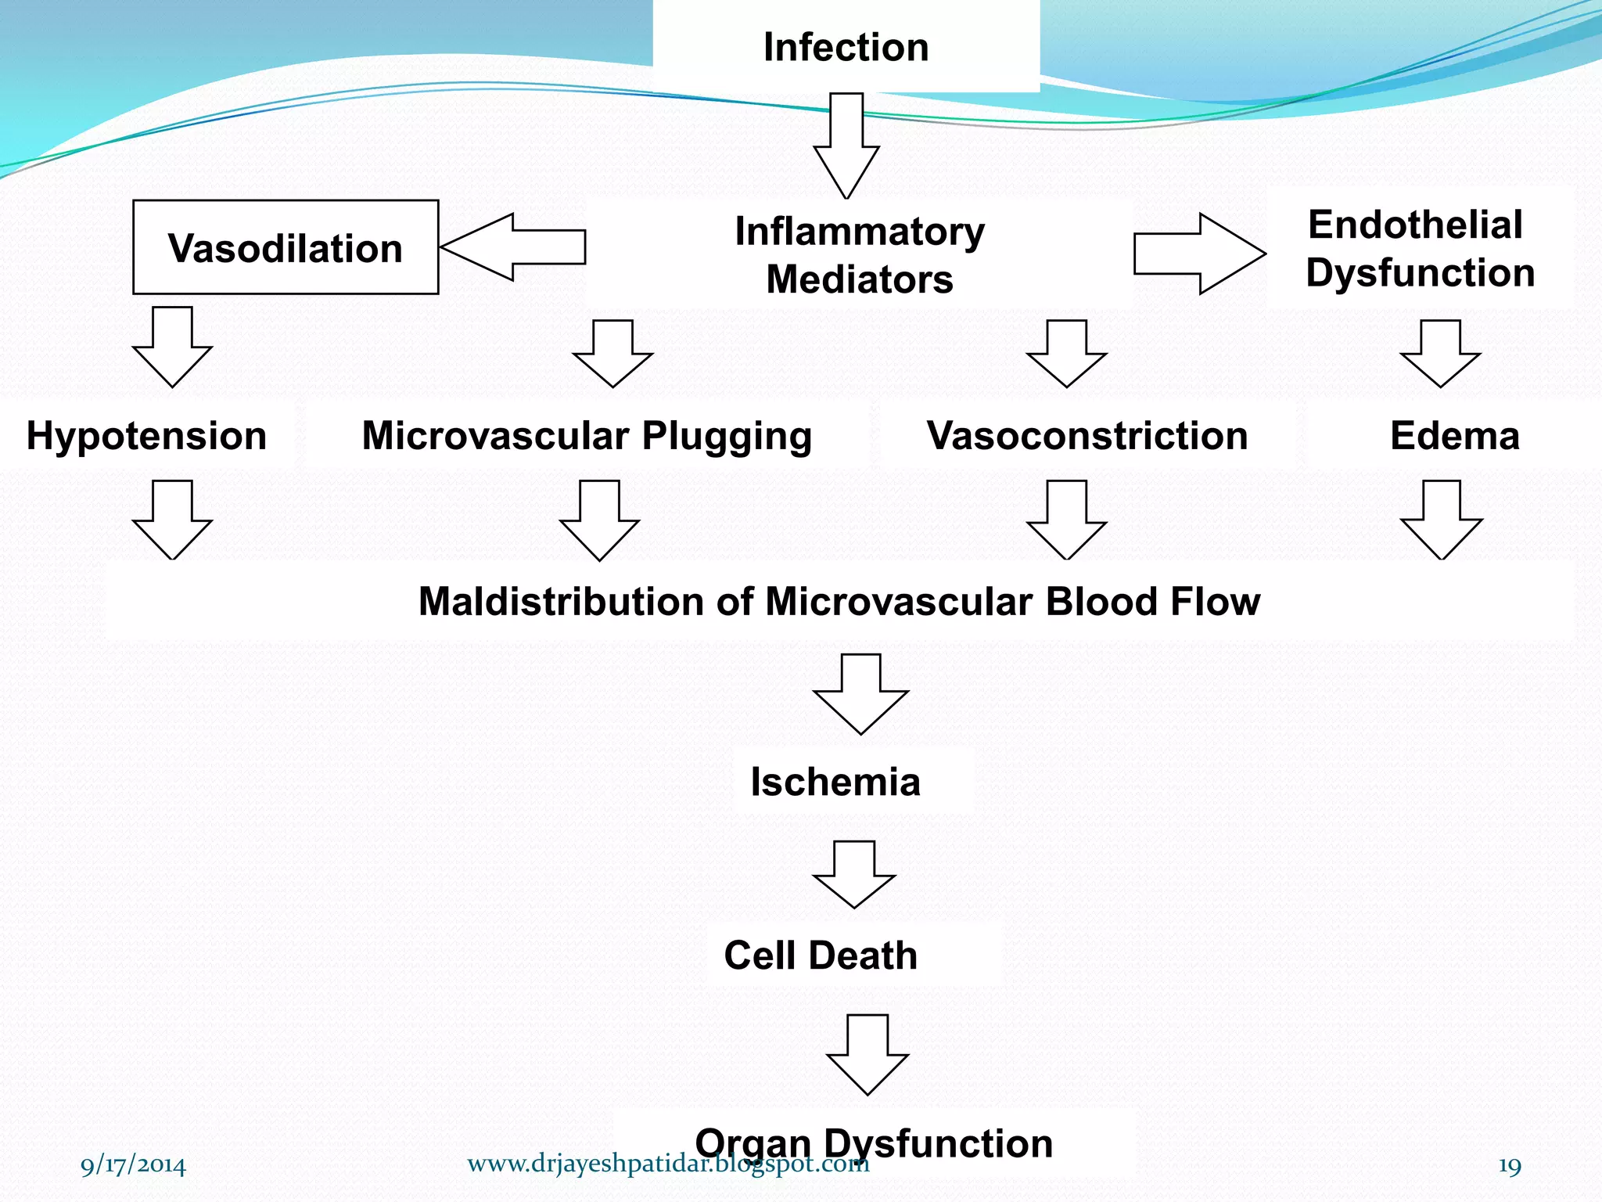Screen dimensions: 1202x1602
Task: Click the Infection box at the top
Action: coord(846,47)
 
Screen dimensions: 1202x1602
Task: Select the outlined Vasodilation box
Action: coord(286,247)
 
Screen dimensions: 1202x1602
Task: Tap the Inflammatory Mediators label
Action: coord(859,255)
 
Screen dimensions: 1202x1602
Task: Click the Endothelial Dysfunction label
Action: coord(1419,249)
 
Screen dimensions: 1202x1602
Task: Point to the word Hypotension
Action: coord(146,436)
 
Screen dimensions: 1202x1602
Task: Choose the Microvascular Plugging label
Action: coord(587,436)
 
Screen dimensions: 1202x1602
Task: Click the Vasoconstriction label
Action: coord(1087,436)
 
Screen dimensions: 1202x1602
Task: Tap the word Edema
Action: coord(1454,436)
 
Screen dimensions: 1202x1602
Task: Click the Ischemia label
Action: coord(835,782)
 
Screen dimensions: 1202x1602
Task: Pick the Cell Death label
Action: coord(821,955)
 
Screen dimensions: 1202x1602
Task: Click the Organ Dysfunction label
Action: coord(874,1143)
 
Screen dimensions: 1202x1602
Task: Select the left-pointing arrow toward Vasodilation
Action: coord(512,247)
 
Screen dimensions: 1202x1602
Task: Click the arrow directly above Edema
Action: coord(1440,354)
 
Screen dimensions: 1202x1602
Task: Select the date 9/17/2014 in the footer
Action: coord(133,1165)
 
